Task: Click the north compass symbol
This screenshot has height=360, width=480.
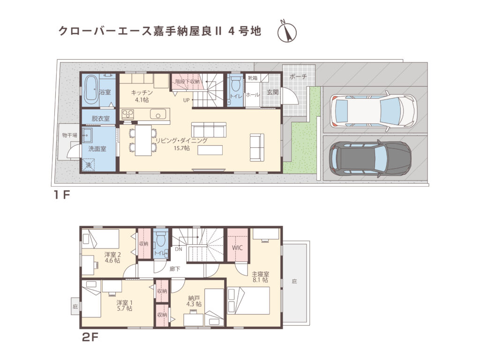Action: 287,32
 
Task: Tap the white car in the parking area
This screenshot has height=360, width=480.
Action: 373,112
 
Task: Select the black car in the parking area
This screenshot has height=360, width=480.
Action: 370,158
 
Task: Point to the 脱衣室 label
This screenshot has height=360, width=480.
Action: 100,119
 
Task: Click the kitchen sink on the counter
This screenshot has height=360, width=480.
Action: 157,114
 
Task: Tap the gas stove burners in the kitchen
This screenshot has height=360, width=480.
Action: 128,114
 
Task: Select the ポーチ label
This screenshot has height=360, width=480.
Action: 298,77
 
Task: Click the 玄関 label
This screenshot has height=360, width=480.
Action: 272,92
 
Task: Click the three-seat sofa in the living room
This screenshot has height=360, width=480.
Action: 209,129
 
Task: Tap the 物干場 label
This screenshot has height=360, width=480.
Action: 69,135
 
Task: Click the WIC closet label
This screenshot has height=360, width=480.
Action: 237,248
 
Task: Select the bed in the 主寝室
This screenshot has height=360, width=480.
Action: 248,300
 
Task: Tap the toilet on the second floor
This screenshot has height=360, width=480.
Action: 161,240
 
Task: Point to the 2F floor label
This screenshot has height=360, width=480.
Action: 90,337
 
